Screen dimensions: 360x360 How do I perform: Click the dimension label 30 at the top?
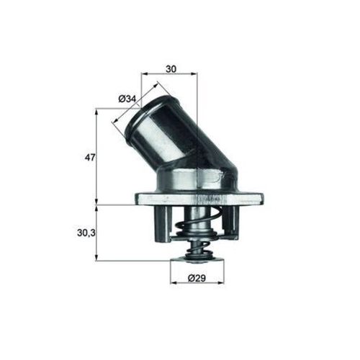click(x=171, y=69)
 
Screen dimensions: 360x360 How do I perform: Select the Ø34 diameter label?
click(x=127, y=99)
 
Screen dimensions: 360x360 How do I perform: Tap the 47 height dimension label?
click(x=90, y=158)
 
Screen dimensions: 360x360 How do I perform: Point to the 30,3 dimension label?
click(x=86, y=233)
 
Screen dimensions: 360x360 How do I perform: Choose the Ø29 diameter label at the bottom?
click(x=197, y=278)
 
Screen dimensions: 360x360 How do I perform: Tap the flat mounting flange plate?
click(x=199, y=199)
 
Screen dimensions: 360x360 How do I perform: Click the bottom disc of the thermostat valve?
click(x=197, y=260)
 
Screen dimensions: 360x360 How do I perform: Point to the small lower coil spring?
click(x=197, y=248)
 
